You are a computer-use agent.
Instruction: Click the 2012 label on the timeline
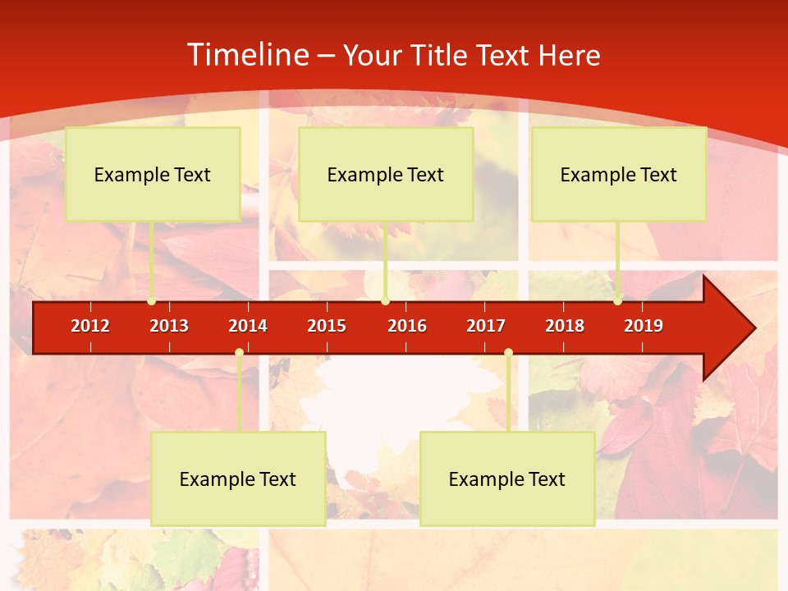tap(90, 326)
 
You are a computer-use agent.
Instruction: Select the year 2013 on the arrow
tap(169, 326)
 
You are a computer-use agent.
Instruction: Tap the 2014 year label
tap(248, 326)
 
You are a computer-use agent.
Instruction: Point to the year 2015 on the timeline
tap(327, 326)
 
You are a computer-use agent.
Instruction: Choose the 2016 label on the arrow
tap(407, 326)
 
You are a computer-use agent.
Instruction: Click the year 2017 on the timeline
tap(486, 326)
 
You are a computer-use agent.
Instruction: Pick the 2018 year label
tap(565, 326)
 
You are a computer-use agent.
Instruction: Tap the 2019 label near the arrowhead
tap(644, 326)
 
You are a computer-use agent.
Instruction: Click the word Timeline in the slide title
tap(247, 55)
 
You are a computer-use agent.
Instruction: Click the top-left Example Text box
tap(153, 175)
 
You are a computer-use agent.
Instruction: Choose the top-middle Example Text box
tap(386, 175)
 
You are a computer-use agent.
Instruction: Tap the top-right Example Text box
tap(619, 175)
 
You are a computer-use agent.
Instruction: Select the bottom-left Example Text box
tap(238, 479)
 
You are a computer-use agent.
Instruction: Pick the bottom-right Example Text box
tap(507, 479)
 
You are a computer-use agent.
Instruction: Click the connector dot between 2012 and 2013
tap(152, 301)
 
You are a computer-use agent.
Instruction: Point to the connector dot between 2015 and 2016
tap(385, 301)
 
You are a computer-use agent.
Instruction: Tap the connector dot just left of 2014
tap(239, 353)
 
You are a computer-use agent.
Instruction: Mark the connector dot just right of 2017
tap(508, 353)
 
